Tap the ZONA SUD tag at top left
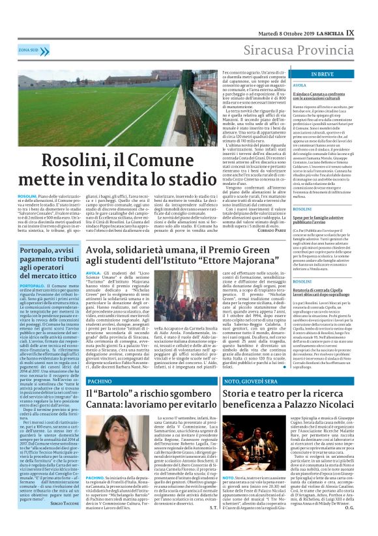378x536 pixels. [x=27, y=49]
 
